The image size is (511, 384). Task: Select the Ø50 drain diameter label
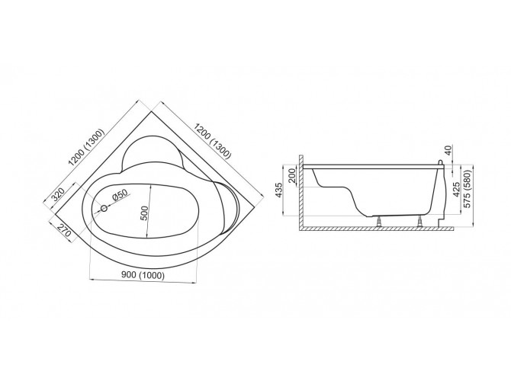(120, 197)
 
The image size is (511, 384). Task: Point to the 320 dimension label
(58, 196)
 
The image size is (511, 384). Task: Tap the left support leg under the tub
(378, 222)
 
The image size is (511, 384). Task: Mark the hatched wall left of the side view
(302, 194)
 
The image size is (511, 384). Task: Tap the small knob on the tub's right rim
(442, 162)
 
